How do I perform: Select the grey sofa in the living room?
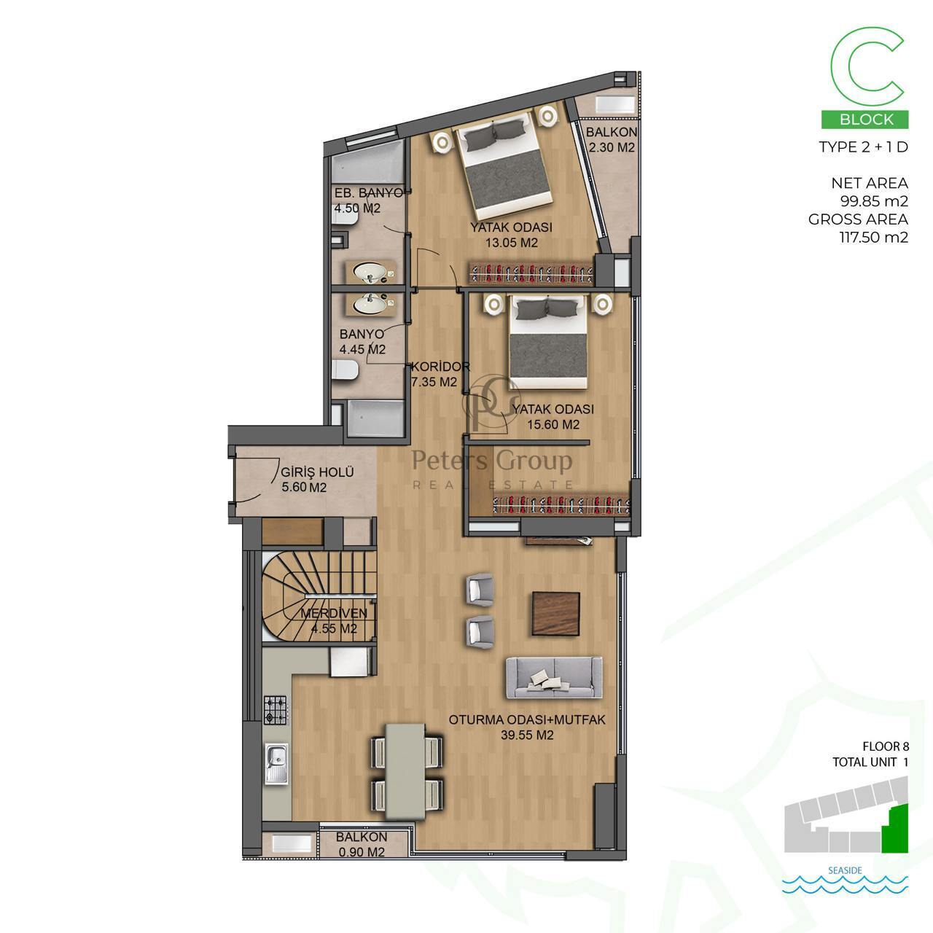point(555,678)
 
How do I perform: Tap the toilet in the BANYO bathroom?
point(346,371)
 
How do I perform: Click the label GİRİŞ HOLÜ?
point(318,472)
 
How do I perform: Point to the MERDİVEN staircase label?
point(334,613)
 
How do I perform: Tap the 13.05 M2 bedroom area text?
point(512,243)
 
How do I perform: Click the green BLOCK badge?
point(864,119)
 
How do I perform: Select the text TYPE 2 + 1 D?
point(863,147)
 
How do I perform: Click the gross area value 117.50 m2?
point(873,238)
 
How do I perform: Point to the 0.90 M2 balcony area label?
point(362,851)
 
